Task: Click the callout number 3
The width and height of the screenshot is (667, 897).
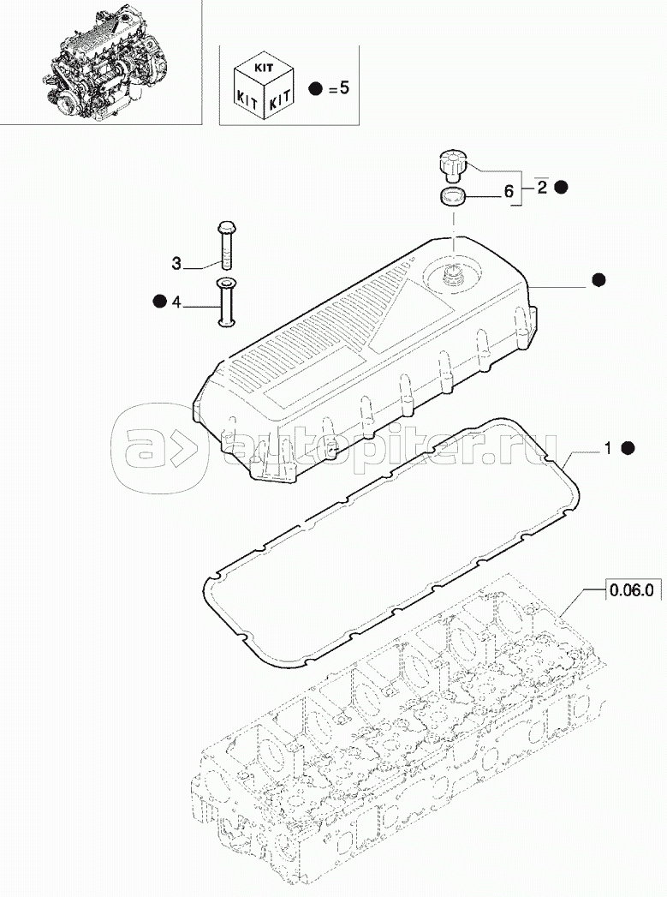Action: click(176, 263)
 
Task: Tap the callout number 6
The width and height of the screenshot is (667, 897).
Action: click(509, 193)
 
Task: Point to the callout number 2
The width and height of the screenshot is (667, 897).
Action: click(542, 190)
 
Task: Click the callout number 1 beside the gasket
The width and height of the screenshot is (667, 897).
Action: click(608, 447)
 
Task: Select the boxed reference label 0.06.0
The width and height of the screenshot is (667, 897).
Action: click(632, 589)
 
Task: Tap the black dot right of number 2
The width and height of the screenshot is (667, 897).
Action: click(562, 187)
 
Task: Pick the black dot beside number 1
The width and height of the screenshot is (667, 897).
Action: click(628, 447)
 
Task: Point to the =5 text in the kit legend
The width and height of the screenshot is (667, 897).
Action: click(339, 88)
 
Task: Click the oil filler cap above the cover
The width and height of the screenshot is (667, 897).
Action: click(451, 162)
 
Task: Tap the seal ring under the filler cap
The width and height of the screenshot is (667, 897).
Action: click(451, 197)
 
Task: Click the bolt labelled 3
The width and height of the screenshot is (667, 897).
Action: click(227, 244)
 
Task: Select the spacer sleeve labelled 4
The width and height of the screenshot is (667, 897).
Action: click(227, 302)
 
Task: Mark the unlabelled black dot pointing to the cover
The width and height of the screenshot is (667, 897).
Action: click(599, 279)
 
